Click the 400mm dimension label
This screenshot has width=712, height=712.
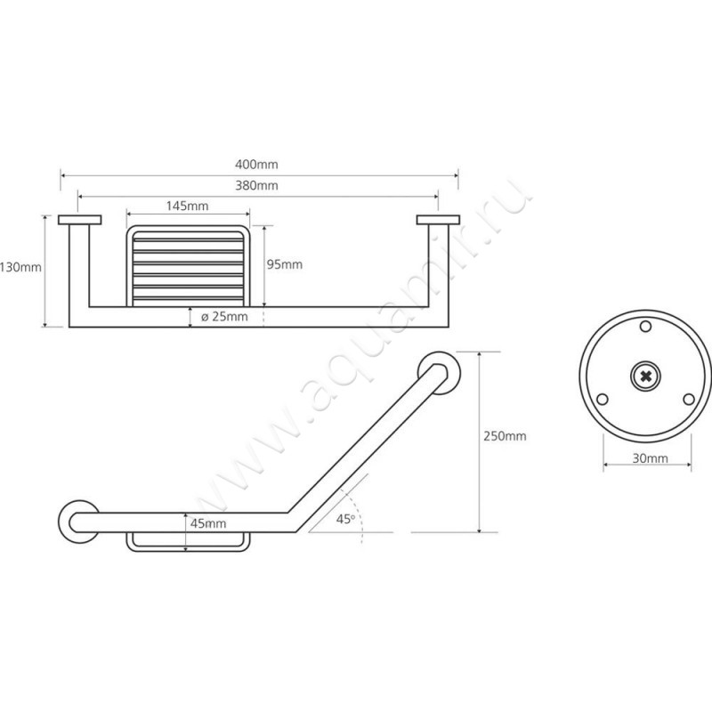pyautogui.click(x=256, y=165)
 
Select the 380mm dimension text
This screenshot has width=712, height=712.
pyautogui.click(x=256, y=185)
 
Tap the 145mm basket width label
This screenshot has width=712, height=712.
pyautogui.click(x=187, y=206)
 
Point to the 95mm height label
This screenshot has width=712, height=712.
pyautogui.click(x=285, y=264)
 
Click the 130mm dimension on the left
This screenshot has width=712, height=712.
pyautogui.click(x=20, y=267)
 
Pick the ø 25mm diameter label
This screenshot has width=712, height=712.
pyautogui.click(x=224, y=317)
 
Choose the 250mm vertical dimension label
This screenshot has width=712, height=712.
pyautogui.click(x=505, y=436)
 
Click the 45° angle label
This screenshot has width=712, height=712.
pyautogui.click(x=345, y=519)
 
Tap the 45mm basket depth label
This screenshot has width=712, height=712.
pyautogui.click(x=208, y=523)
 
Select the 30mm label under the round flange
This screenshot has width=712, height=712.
pyautogui.click(x=651, y=458)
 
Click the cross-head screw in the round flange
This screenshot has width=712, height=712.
pyautogui.click(x=645, y=376)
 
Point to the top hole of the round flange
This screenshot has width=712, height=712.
pyautogui.click(x=645, y=326)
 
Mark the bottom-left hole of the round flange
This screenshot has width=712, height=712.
pyautogui.click(x=603, y=400)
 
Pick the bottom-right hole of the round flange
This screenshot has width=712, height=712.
pyautogui.click(x=689, y=400)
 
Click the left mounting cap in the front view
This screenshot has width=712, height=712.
pyautogui.click(x=80, y=220)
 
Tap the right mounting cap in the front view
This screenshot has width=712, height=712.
pyautogui.click(x=438, y=220)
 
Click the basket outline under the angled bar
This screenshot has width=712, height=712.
pyautogui.click(x=188, y=551)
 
